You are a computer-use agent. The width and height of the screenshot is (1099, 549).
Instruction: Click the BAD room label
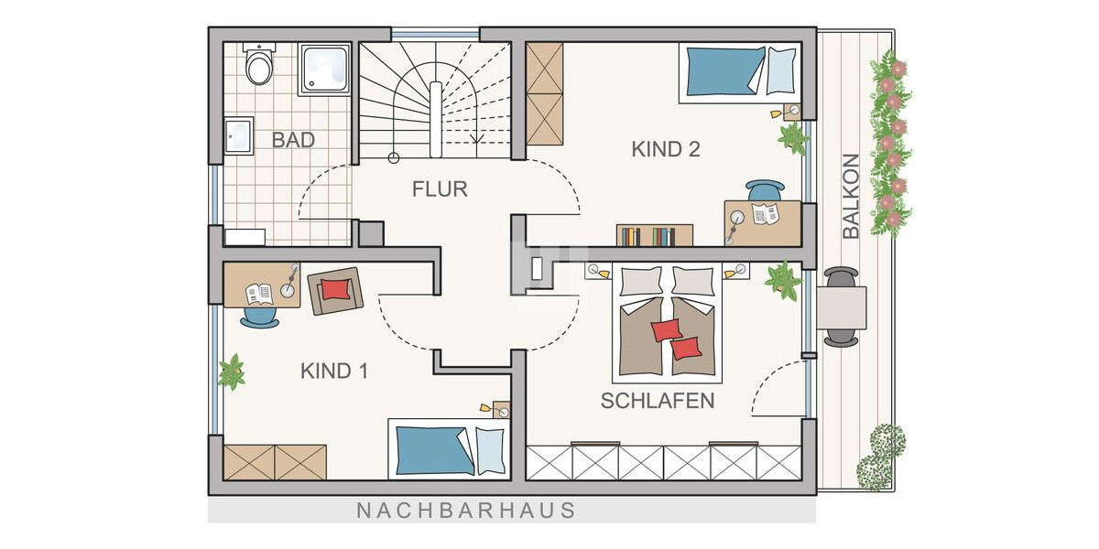click(293, 141)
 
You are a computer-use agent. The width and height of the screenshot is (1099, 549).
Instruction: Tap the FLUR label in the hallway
click(440, 189)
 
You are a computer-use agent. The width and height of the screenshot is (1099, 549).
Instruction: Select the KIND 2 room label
click(666, 149)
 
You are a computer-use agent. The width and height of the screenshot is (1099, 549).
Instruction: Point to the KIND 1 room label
click(334, 371)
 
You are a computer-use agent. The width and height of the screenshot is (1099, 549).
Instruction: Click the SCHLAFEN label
click(657, 401)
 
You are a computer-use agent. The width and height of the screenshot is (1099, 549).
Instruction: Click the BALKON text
click(851, 197)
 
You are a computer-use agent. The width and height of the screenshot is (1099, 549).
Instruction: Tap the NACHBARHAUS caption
click(466, 510)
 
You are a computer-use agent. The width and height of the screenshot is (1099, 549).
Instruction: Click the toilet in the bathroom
click(259, 64)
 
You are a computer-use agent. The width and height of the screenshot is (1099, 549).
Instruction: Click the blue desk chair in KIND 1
click(260, 316)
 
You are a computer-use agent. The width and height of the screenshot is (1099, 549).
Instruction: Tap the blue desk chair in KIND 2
click(765, 191)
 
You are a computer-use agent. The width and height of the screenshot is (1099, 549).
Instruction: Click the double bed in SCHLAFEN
click(667, 325)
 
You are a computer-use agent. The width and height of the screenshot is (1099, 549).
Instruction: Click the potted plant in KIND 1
click(232, 373)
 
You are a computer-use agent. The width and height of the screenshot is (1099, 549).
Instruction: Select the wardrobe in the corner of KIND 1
click(275, 462)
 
